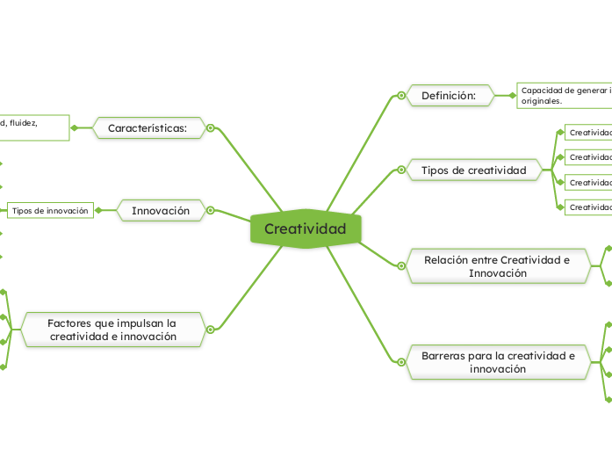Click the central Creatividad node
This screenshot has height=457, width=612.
[x=305, y=229]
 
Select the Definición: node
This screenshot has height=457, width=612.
[x=448, y=95]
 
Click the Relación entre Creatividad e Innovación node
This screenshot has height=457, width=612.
[x=496, y=266]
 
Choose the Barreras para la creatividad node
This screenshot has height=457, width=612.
[x=498, y=362]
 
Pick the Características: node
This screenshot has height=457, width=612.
[x=148, y=128]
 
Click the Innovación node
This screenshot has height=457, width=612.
[x=160, y=211]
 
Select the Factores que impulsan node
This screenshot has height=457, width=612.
[x=112, y=330]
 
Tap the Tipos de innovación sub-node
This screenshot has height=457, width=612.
[x=50, y=211]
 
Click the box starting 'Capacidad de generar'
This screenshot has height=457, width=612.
[x=565, y=95]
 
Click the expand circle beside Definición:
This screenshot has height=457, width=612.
[x=400, y=95]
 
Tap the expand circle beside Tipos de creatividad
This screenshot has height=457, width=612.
[x=400, y=170]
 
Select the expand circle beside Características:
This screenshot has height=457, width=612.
[x=211, y=128]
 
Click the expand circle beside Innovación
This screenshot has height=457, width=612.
[x=211, y=211]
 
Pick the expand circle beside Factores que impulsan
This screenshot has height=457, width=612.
[x=211, y=330]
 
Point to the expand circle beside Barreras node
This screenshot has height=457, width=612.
[x=400, y=362]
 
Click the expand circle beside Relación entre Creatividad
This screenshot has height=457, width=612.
[x=400, y=266]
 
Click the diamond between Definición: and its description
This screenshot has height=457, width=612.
[x=514, y=95]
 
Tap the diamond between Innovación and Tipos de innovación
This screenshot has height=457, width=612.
[x=98, y=211]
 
